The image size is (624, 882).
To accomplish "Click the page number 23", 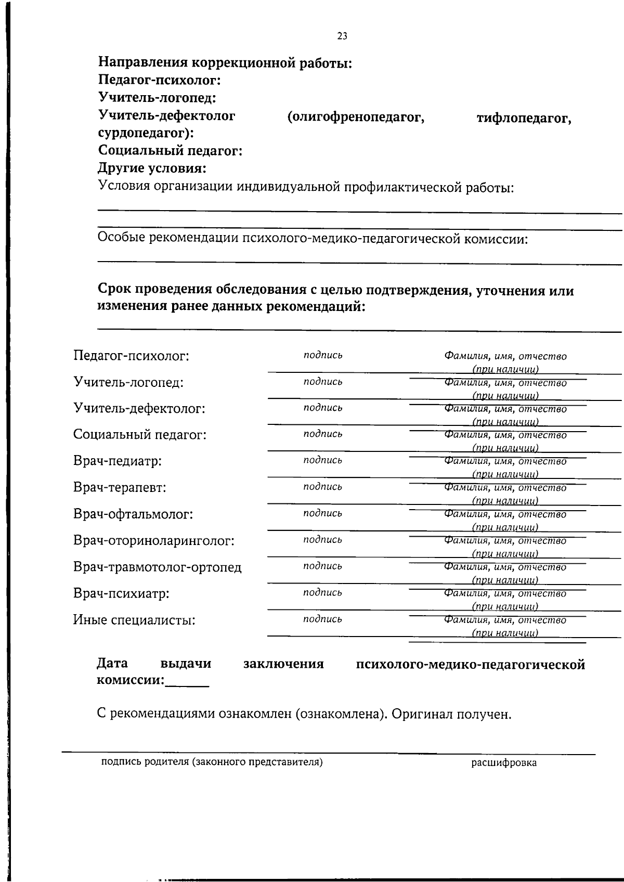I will point(342,36).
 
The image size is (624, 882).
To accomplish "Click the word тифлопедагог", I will point(524,119).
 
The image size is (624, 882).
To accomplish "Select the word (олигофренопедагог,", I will point(356,117).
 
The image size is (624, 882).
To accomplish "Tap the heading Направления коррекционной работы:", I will point(225,63).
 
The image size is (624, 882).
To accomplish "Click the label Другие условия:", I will point(152,168).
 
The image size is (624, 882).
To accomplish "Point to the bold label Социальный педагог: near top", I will point(170,151).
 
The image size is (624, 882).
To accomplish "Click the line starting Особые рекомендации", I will point(313,239).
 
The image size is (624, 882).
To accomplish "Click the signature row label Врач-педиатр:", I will point(118,461).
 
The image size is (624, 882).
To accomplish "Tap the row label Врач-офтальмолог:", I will point(133,514).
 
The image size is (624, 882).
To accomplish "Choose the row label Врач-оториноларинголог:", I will point(154,541).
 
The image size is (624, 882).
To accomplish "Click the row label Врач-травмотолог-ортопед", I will point(158,567).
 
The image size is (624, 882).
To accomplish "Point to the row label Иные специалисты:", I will point(134,620).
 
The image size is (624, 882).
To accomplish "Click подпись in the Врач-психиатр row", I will point(323,592).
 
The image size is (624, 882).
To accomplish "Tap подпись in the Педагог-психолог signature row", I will point(323,355).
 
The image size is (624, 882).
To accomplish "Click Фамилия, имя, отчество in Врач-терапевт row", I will point(505,488).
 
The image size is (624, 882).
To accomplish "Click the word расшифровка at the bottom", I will point(504,763).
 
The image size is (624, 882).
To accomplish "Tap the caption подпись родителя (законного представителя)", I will point(212,762).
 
